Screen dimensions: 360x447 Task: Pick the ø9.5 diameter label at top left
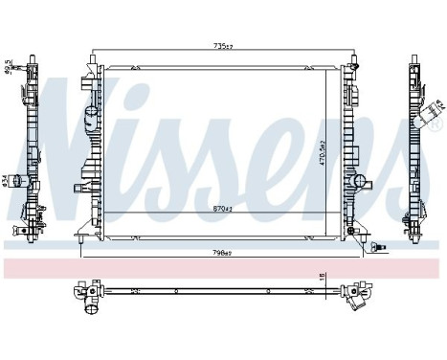[8, 68]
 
